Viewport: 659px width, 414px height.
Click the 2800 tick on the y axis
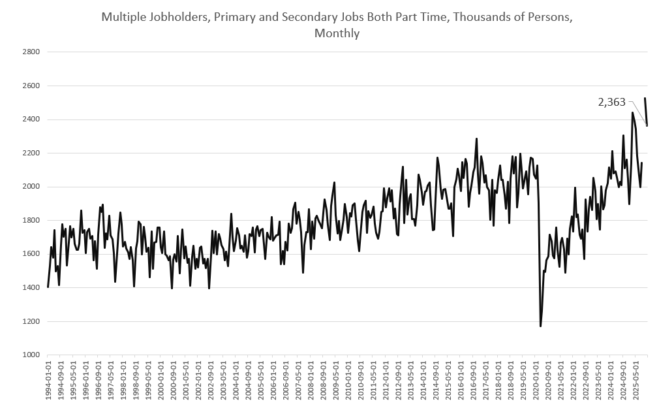coord(31,52)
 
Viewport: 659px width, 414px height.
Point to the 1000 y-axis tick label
coord(31,355)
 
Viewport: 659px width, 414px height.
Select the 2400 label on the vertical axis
coord(31,119)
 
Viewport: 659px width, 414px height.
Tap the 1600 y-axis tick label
coord(31,254)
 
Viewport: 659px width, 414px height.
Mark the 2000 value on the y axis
coord(31,187)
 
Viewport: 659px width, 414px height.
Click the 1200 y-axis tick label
coord(31,321)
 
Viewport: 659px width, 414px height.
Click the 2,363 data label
coord(611,102)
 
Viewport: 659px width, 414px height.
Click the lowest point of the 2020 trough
coord(540,326)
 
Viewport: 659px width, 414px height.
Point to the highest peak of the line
coord(645,99)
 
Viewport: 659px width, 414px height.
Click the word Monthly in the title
coord(337,33)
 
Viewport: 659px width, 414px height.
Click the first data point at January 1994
coord(48,287)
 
